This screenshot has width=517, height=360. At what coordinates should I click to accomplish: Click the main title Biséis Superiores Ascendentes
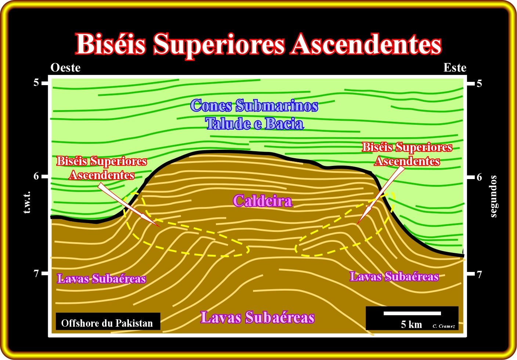click(x=258, y=44)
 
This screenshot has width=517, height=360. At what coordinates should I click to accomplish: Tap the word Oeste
click(x=66, y=68)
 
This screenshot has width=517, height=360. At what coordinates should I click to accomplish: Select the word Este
click(x=455, y=68)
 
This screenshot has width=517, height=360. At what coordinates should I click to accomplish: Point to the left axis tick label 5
click(x=36, y=83)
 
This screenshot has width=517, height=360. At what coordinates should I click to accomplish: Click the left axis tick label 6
click(x=36, y=176)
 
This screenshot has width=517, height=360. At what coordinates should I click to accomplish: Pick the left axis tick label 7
click(x=36, y=274)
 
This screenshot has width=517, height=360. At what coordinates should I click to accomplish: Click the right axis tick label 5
click(x=480, y=83)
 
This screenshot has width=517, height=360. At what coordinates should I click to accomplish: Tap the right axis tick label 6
click(x=480, y=177)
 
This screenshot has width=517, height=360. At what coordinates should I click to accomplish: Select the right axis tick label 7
click(x=480, y=274)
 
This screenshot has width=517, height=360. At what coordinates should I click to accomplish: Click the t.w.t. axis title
click(x=27, y=202)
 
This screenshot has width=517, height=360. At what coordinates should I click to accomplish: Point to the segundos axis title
click(x=493, y=196)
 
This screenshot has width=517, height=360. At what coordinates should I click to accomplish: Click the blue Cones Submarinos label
click(x=254, y=106)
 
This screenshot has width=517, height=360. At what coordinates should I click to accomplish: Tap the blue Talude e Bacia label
click(x=254, y=123)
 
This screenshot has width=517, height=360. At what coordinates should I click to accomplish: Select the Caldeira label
click(x=263, y=201)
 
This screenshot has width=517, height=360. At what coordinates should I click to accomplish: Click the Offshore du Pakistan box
click(x=108, y=321)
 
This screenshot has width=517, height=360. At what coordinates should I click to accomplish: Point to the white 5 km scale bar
click(x=412, y=313)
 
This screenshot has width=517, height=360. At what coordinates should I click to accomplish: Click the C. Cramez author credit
click(x=444, y=326)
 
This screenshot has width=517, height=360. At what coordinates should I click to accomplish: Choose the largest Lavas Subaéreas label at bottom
click(x=257, y=317)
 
